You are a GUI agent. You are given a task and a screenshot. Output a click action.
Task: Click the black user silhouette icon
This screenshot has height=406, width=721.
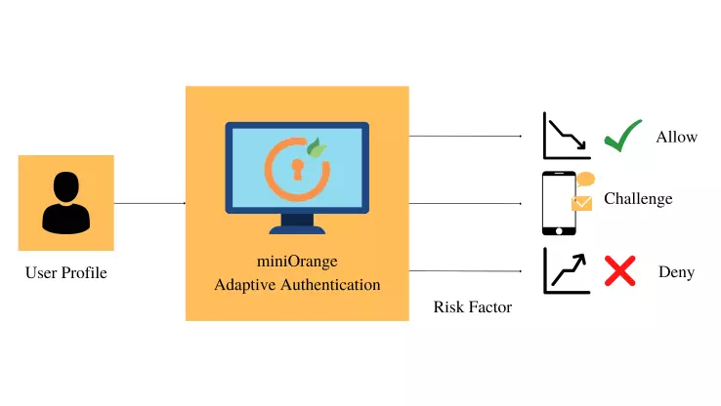pos(65,202)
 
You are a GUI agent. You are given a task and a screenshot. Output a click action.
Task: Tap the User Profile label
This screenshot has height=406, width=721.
pos(65,273)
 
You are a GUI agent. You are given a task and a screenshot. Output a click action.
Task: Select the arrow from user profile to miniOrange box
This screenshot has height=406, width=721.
pos(149,203)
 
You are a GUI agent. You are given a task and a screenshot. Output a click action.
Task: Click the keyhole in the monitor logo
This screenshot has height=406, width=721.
pos(297,168)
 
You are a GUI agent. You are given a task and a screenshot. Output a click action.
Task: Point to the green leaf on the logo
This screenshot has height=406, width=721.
pos(317,149)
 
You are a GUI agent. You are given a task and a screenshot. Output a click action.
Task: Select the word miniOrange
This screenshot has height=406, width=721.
pos(296,261)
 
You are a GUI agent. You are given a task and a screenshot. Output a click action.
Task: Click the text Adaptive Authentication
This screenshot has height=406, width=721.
pos(296,285)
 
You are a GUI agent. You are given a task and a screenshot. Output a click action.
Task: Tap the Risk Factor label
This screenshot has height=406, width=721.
pos(472,307)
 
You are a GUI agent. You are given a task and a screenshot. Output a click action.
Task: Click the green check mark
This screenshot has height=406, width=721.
pos(621,136)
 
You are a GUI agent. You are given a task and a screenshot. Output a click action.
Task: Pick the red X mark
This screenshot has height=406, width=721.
pos(619,270)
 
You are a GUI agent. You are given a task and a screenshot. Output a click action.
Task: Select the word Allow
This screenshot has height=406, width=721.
pos(676,137)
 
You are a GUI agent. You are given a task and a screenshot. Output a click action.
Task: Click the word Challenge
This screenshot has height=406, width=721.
pos(638,199)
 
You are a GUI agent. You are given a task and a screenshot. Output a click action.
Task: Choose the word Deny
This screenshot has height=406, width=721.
pos(676,272)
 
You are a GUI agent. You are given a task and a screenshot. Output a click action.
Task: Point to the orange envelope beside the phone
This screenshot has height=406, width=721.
pos(582,203)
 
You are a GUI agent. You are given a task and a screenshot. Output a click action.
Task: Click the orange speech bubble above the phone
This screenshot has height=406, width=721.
pos(585,180)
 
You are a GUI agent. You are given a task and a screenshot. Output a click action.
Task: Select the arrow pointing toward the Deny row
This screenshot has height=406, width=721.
pos(464,270)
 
